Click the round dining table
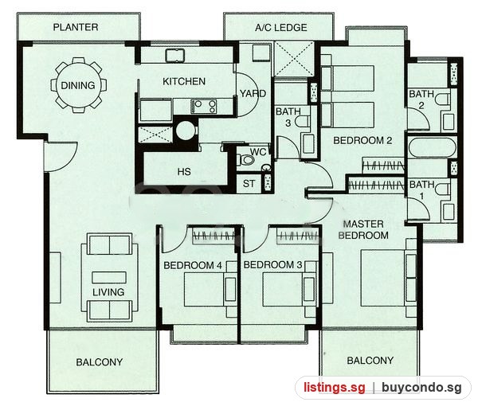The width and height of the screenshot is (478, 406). pyautogui.click(x=78, y=85)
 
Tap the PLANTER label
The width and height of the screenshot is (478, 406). pyautogui.click(x=76, y=27)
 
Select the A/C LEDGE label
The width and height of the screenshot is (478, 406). pyautogui.click(x=280, y=28)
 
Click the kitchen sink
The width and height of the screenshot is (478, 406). pyautogui.click(x=175, y=56)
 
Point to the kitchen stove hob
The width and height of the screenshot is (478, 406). pyautogui.click(x=204, y=107)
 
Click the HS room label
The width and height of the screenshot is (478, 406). pyautogui.click(x=184, y=171)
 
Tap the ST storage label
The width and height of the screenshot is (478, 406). pyautogui.click(x=249, y=184)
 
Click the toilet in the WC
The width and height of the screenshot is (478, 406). pyautogui.click(x=246, y=159)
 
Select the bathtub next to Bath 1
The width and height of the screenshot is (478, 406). pyautogui.click(x=432, y=147)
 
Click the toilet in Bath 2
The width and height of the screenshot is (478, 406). pyautogui.click(x=443, y=100)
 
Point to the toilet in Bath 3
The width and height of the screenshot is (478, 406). pyautogui.click(x=303, y=121)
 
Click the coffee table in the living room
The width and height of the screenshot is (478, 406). pyautogui.click(x=109, y=278)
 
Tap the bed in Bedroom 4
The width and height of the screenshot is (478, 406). pyautogui.click(x=210, y=289)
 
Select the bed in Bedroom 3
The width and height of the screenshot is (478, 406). pyautogui.click(x=289, y=289)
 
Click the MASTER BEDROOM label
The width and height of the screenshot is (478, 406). pyautogui.click(x=363, y=229)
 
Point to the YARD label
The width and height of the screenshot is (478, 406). pyautogui.click(x=253, y=93)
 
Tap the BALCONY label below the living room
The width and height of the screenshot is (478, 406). pyautogui.click(x=100, y=362)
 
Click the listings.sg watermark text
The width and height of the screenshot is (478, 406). pyautogui.click(x=334, y=388)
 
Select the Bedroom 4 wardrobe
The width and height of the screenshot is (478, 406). pyautogui.click(x=214, y=236)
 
